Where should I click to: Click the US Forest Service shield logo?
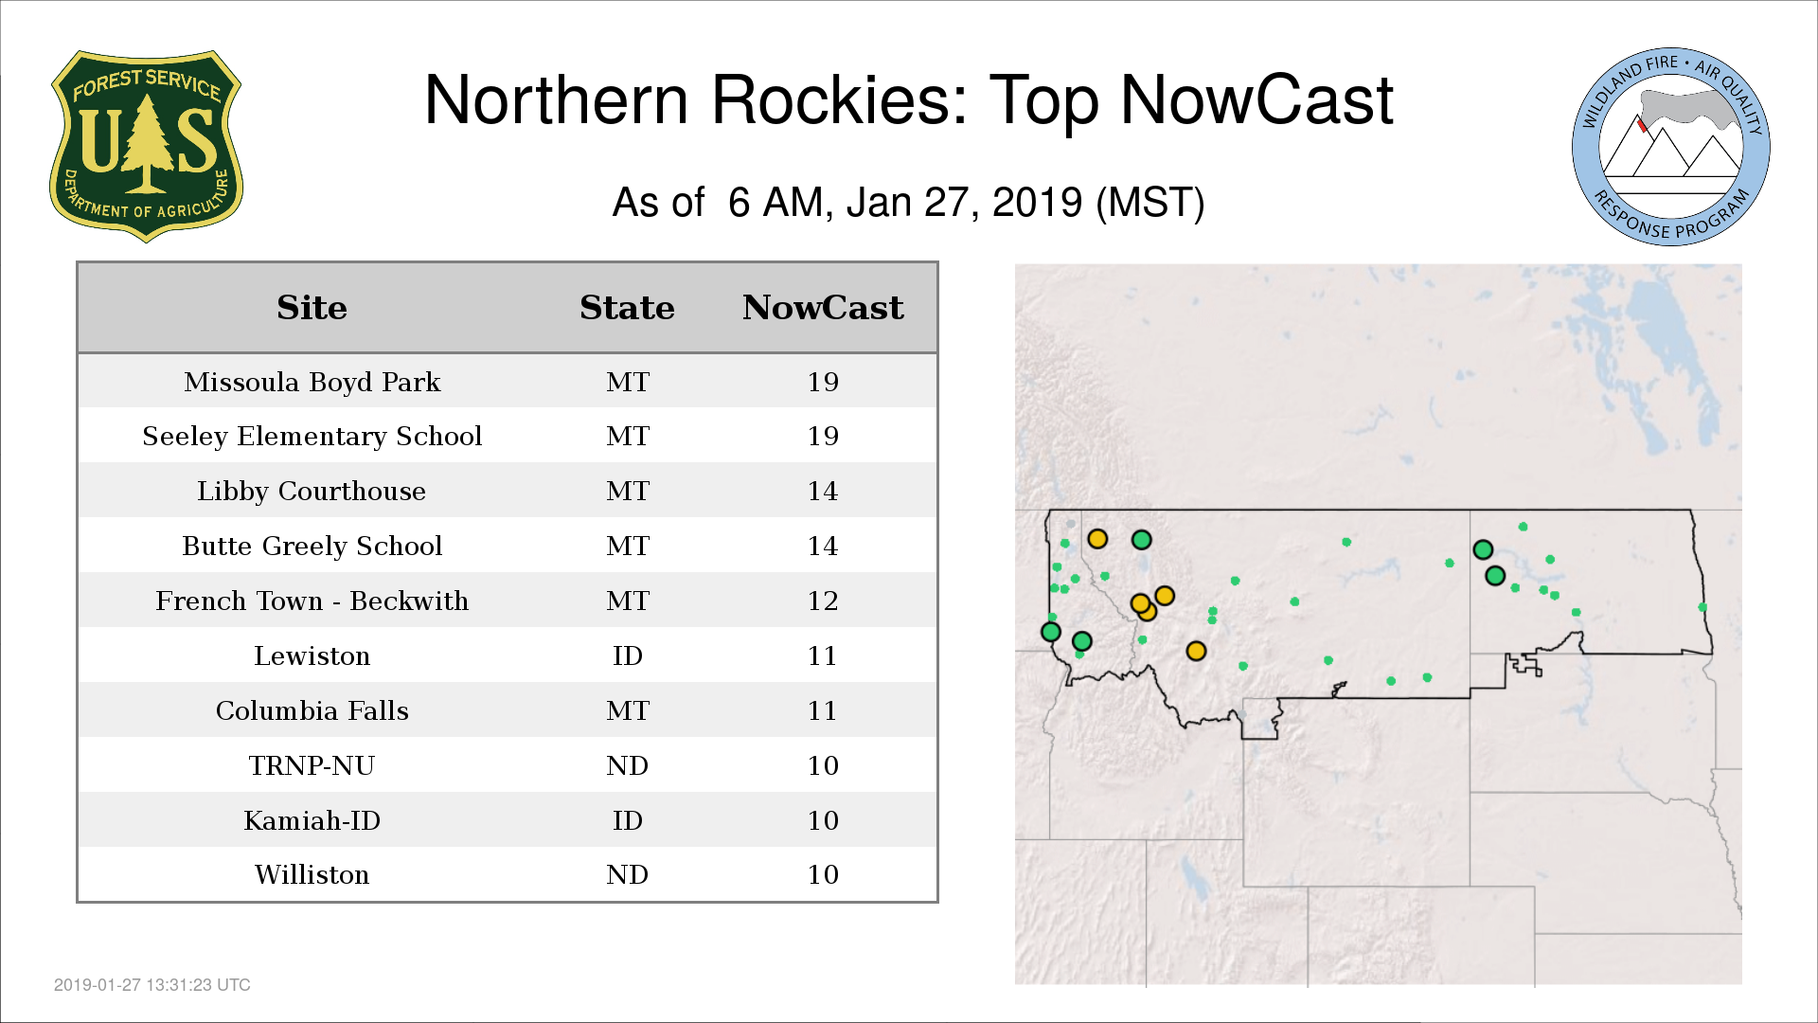coord(146,147)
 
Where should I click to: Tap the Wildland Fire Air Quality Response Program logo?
coord(1671,147)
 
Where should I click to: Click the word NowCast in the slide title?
coord(1257,100)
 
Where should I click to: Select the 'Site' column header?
coord(312,308)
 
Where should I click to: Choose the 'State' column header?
coord(627,308)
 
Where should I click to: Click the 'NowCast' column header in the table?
coord(823,308)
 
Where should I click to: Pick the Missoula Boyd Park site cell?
coord(312,382)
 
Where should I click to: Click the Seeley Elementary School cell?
coord(312,436)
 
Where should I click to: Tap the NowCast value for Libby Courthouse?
coord(823,491)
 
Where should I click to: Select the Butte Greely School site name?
coord(312,546)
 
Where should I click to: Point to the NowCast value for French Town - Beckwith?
coord(823,601)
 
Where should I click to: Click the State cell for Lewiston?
coord(627,655)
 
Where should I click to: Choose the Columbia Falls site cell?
coord(312,710)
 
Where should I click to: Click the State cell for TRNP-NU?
coord(627,765)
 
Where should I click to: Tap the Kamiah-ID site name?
coord(312,820)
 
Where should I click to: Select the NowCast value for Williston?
coord(823,874)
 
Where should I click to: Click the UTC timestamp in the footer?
coord(152,985)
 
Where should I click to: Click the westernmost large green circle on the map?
coord(1050,631)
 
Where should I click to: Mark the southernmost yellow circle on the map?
coord(1196,651)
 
